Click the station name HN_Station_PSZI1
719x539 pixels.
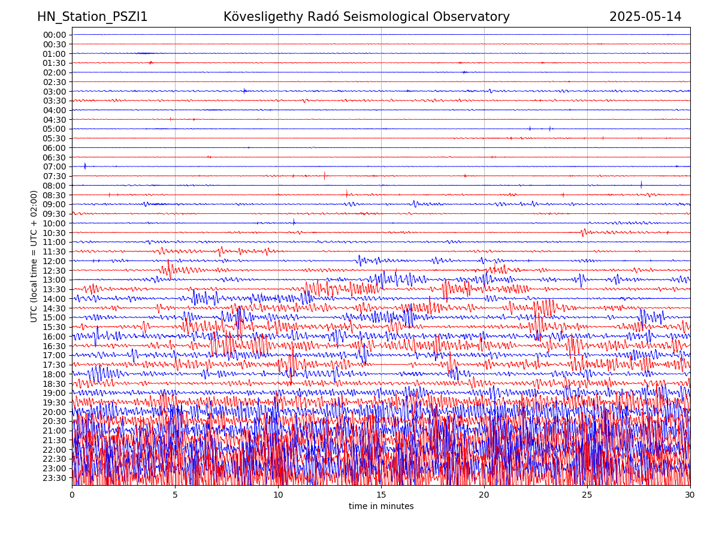pyautogui.click(x=92, y=17)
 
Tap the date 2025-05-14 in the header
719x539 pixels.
pyautogui.click(x=645, y=17)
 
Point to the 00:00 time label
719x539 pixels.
pyautogui.click(x=55, y=35)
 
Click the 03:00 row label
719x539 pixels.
pyautogui.click(x=55, y=92)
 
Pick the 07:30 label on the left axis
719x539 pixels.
pyautogui.click(x=55, y=176)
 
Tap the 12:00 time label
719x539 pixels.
pyautogui.click(x=55, y=261)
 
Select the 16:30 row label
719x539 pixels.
pyautogui.click(x=55, y=346)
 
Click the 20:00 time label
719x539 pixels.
pyautogui.click(x=55, y=412)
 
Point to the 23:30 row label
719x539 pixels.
pyautogui.click(x=55, y=478)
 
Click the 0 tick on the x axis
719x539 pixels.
pyautogui.click(x=72, y=495)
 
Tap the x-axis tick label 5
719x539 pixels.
pyautogui.click(x=175, y=495)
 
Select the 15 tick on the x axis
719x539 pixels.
pyautogui.click(x=381, y=495)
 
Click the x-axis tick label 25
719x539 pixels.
pyautogui.click(x=587, y=495)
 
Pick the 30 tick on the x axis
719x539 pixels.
pyautogui.click(x=690, y=495)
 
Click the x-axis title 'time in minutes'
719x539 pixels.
pyautogui.click(x=381, y=507)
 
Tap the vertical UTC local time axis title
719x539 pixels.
pyautogui.click(x=34, y=256)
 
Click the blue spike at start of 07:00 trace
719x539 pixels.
pyautogui.click(x=85, y=166)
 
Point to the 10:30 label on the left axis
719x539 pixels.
pyautogui.click(x=55, y=233)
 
